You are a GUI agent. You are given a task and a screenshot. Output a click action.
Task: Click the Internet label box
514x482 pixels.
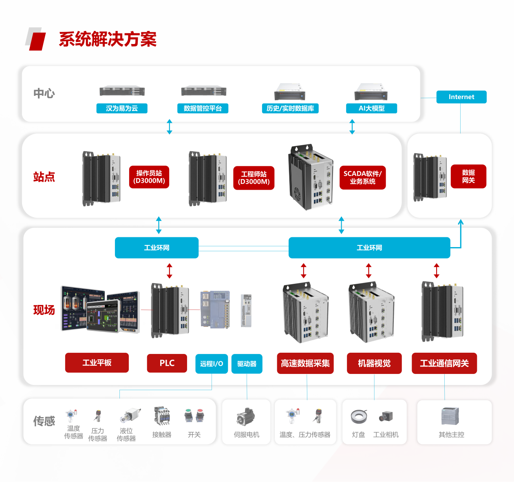[461, 97]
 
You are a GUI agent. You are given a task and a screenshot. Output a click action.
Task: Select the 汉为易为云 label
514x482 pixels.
[122, 108]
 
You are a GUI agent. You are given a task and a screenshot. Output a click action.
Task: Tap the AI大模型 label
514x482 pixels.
[371, 108]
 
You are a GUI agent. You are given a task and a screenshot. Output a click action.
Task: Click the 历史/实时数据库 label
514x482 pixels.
[290, 108]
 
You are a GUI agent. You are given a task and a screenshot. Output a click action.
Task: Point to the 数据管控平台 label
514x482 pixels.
[203, 108]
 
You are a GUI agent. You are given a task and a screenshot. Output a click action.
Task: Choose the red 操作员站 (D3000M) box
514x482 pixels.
[149, 177]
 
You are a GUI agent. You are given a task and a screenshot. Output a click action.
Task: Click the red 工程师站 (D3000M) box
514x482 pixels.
[254, 178]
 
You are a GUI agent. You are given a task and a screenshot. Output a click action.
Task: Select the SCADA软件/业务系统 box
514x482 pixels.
[362, 178]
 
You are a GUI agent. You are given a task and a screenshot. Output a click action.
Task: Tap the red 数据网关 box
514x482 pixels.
[468, 177]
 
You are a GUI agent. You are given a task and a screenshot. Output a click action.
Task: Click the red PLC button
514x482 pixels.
[167, 363]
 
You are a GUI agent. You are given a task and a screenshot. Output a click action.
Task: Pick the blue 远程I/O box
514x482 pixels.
[212, 364]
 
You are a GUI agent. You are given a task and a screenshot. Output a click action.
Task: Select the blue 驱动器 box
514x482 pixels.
[247, 364]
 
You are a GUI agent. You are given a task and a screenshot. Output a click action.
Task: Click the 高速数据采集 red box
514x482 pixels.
[305, 363]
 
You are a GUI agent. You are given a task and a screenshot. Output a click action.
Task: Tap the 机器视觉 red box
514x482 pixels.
[374, 363]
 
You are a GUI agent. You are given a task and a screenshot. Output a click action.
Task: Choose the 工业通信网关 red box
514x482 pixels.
[444, 363]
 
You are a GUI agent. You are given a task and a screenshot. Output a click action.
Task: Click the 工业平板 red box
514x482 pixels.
[97, 363]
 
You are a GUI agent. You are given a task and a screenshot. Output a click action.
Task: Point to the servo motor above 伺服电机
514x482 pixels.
[246, 417]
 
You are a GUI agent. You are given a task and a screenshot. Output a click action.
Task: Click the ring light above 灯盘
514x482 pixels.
[359, 416]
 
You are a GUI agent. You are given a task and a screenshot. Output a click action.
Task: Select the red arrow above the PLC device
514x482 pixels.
[170, 271]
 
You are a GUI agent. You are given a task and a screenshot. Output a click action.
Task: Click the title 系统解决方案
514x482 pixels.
[108, 40]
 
